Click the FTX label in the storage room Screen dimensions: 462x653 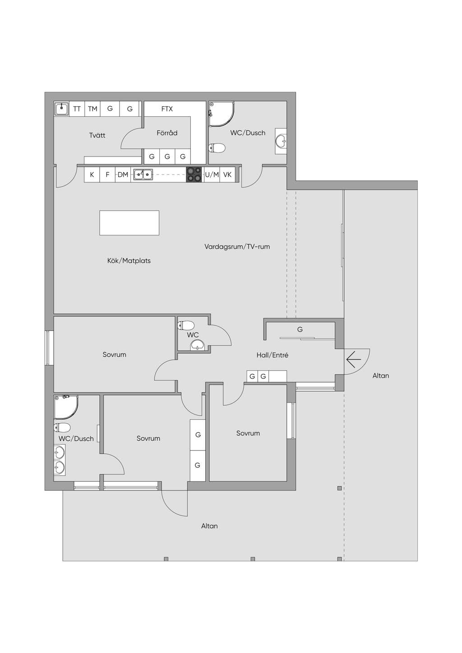point(167,109)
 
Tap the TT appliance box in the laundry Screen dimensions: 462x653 point(77,109)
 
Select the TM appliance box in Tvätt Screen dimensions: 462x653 point(92,109)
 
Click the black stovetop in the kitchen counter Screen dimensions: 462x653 point(194,175)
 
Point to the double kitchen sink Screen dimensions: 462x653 point(143,175)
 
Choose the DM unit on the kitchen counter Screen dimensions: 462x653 point(123,175)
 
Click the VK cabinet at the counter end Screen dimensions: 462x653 point(227,175)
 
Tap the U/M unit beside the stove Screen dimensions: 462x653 point(212,175)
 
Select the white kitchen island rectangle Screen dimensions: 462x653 point(129,223)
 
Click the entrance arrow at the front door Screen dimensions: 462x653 point(354,359)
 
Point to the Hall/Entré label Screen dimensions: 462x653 point(273,355)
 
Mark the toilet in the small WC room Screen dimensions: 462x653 point(186,325)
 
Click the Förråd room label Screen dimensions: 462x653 point(167,133)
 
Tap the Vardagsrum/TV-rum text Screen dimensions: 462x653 point(237,247)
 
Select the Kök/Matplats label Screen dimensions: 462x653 point(129,261)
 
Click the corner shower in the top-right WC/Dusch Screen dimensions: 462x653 point(222,114)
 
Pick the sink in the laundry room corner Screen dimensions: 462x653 point(61,109)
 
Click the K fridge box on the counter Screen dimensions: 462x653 point(92,175)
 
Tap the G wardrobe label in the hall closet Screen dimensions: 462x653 point(300,329)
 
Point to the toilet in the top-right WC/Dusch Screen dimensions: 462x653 point(217,148)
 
